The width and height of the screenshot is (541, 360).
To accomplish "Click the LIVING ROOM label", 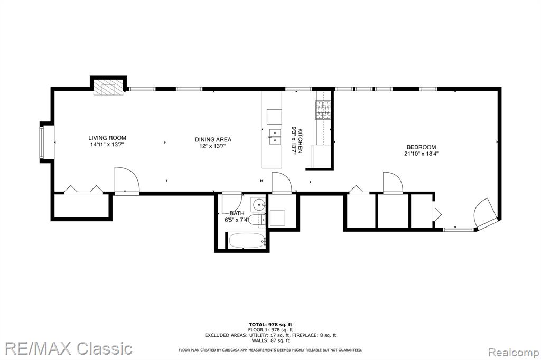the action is [107, 138].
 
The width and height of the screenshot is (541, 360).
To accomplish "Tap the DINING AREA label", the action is [213, 140].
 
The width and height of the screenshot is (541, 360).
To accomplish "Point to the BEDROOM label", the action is [421, 147].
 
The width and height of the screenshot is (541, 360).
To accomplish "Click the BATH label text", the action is [237, 213].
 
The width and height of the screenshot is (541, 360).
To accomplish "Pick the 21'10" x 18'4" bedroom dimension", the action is [421, 154].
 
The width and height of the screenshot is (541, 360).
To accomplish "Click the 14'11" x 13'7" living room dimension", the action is [107, 145].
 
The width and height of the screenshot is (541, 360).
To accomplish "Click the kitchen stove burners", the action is [323, 110].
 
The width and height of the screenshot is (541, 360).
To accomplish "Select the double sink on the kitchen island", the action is [275, 136].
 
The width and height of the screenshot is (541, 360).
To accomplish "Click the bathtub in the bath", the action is [246, 241].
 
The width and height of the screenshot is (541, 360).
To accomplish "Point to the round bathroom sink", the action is [258, 205].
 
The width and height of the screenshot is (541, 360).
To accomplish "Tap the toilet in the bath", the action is [256, 220].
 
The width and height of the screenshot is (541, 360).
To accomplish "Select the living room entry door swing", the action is [127, 181].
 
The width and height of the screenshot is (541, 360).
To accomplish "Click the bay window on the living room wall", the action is [42, 141].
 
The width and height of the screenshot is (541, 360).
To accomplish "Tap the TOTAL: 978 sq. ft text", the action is [270, 325].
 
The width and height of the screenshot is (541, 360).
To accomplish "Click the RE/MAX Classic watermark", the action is [69, 348].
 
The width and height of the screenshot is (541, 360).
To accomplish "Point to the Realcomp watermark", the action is [514, 353].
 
